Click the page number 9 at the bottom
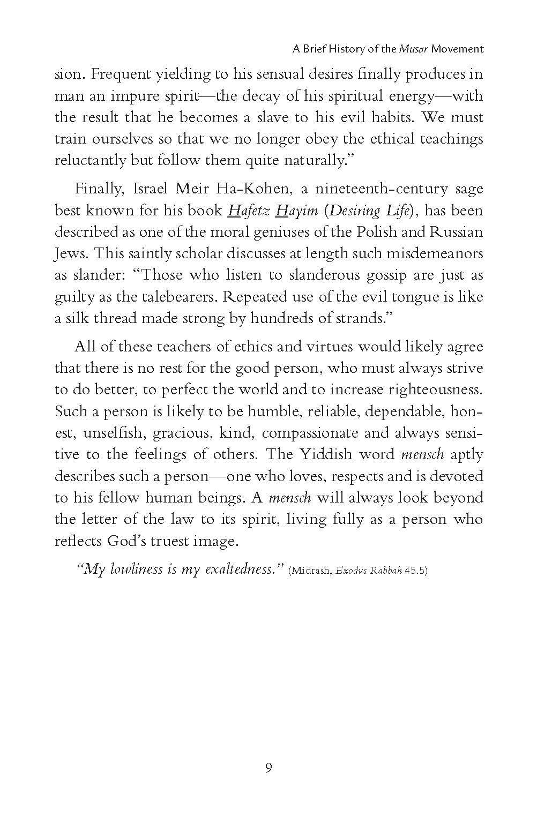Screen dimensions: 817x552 (268, 768)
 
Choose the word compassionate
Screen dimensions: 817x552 (310, 433)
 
